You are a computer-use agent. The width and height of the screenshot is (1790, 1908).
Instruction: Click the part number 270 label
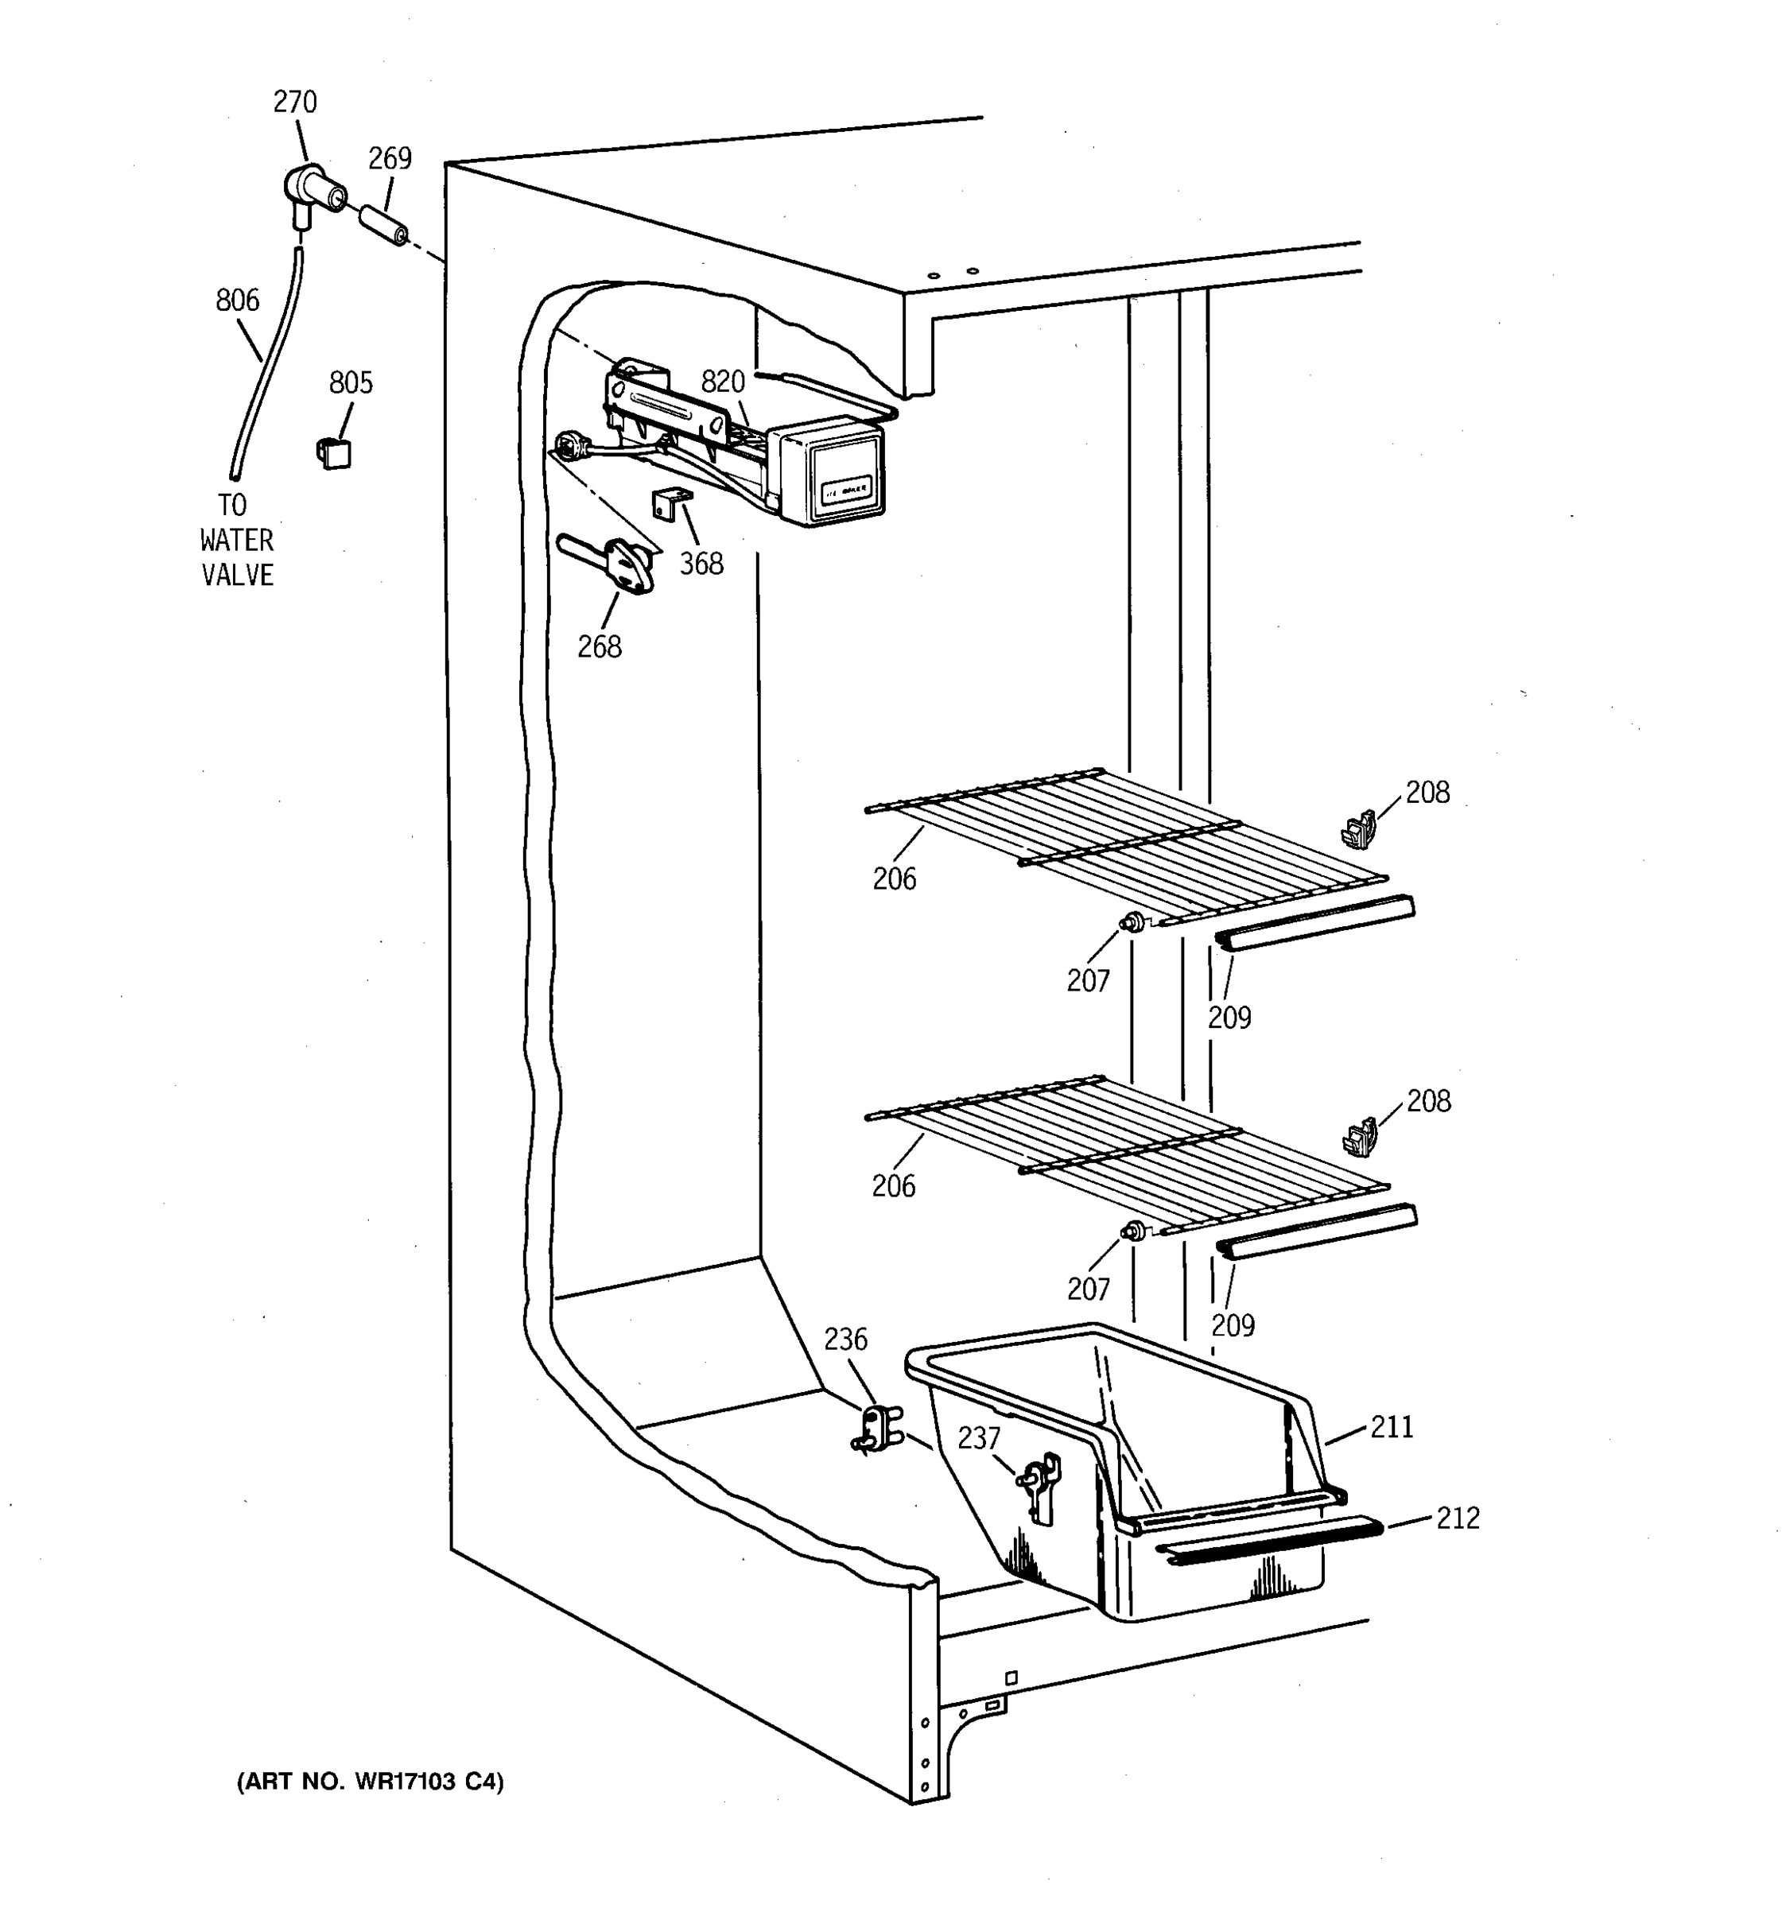295,102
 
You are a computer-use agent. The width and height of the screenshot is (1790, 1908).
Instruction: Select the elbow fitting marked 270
312,191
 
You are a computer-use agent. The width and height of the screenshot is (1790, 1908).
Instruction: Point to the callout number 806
237,301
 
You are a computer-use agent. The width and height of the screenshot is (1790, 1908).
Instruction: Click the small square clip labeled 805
333,452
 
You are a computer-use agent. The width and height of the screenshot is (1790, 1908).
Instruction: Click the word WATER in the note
237,541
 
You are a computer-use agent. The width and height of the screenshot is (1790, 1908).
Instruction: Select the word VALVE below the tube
237,575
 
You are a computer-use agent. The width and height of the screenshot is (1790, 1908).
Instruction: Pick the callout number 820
723,382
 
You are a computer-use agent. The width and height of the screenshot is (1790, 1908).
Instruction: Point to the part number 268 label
599,647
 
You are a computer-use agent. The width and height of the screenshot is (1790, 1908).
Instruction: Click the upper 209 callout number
1229,1018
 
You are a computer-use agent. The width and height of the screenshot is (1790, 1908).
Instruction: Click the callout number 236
845,1340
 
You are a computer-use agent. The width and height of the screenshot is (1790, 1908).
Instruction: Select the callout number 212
1458,1518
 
